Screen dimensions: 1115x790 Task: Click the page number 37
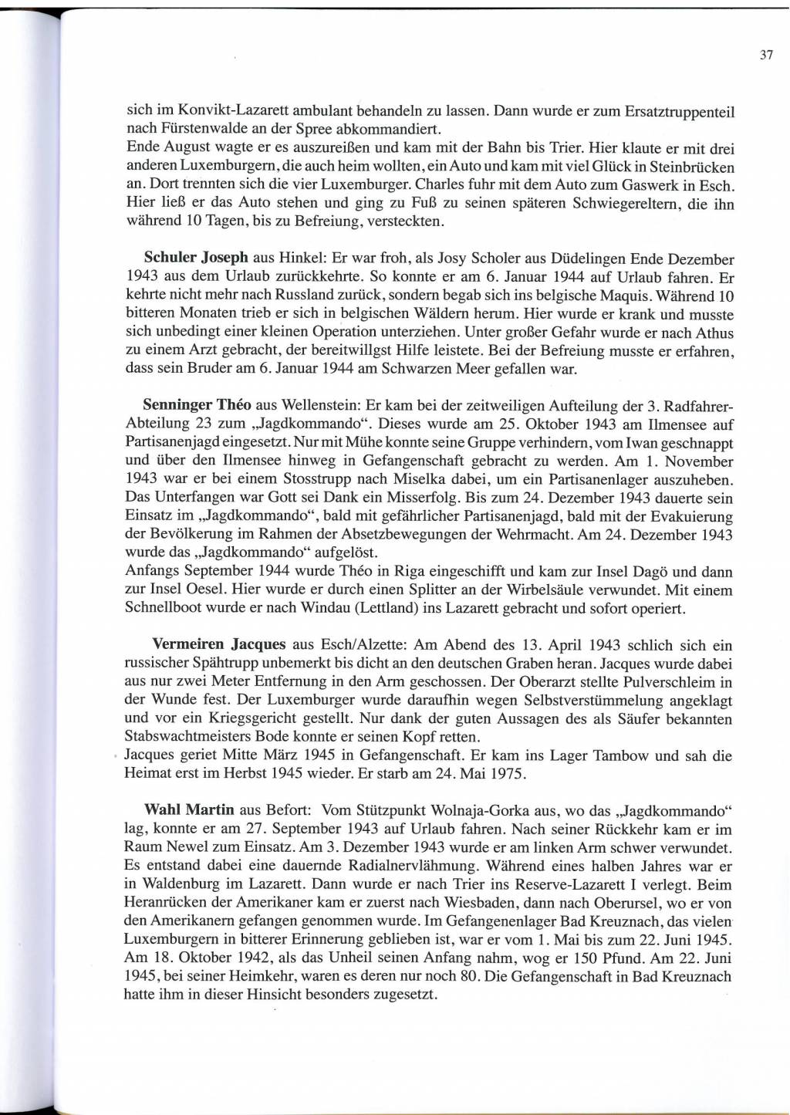pos(766,55)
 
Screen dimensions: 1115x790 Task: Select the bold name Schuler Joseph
pos(196,258)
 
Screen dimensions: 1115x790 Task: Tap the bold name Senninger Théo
pos(197,406)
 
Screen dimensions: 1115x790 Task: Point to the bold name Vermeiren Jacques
pos(219,644)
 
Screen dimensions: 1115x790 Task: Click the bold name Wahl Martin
pos(189,810)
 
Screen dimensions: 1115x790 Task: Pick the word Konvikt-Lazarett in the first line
pos(224,110)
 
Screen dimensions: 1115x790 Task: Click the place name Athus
pos(714,333)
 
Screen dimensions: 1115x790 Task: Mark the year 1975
pos(510,774)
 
